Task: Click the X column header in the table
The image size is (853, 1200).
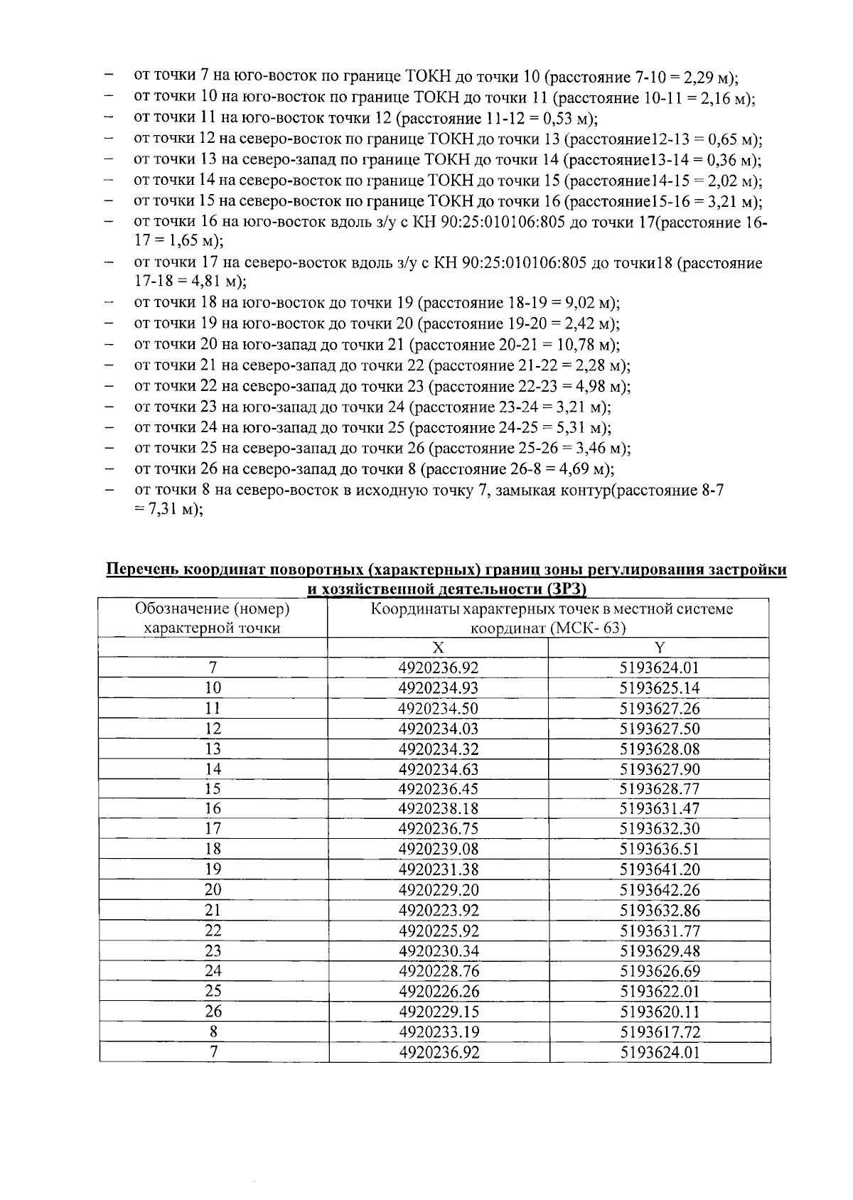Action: coord(438,648)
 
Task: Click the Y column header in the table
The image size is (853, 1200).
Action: coord(659,648)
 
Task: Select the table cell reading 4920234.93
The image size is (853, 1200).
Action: coord(438,688)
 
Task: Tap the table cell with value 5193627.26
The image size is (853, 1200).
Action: coord(659,709)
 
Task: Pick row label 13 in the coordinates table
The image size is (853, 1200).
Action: coord(213,749)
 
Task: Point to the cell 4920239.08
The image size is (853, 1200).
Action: coord(438,849)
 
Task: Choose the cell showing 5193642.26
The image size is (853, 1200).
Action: coord(659,890)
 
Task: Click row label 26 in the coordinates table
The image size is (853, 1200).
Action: coord(213,1012)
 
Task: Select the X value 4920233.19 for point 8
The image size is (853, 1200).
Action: coord(438,1032)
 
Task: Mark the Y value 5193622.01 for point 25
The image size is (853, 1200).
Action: coord(659,992)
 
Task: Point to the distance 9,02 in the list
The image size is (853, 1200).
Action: coord(582,303)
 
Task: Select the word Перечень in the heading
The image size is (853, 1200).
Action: coord(141,570)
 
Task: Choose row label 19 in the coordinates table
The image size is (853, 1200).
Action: coord(213,869)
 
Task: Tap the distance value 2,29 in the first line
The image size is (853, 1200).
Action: coord(704,77)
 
